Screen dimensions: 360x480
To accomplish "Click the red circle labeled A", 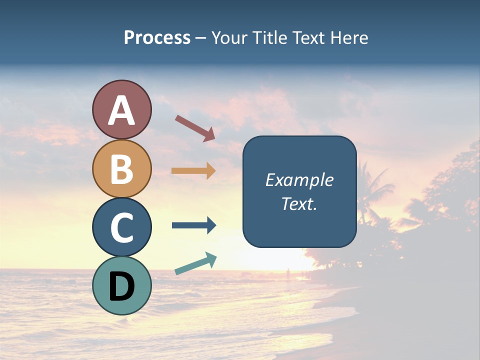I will pyautogui.click(x=121, y=109).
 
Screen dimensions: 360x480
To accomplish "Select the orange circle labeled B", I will pyautogui.click(x=121, y=168).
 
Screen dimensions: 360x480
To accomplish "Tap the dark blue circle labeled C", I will pyautogui.click(x=121, y=227).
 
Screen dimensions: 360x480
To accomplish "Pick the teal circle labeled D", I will pyautogui.click(x=121, y=285).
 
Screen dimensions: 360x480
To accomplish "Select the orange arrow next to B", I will pyautogui.click(x=194, y=170).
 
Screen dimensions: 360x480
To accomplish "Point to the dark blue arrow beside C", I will pyautogui.click(x=194, y=225).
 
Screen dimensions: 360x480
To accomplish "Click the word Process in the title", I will pyautogui.click(x=157, y=37).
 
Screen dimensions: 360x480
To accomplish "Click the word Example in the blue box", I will pyautogui.click(x=299, y=180).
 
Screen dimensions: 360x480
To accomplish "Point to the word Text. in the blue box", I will pyautogui.click(x=299, y=204).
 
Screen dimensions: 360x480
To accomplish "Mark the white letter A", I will pyautogui.click(x=121, y=110).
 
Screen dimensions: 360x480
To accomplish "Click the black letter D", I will pyautogui.click(x=121, y=286).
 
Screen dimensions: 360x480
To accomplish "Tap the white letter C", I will pyautogui.click(x=121, y=227).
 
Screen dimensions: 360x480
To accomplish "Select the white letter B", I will pyautogui.click(x=121, y=169).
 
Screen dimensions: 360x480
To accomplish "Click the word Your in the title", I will pyautogui.click(x=230, y=37).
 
